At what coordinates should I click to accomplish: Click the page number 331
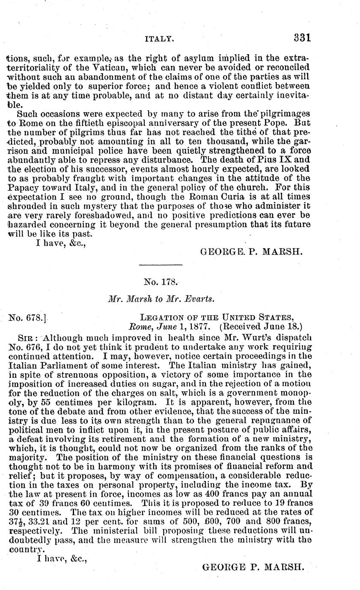(301, 37)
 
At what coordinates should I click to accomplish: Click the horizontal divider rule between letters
(161, 265)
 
